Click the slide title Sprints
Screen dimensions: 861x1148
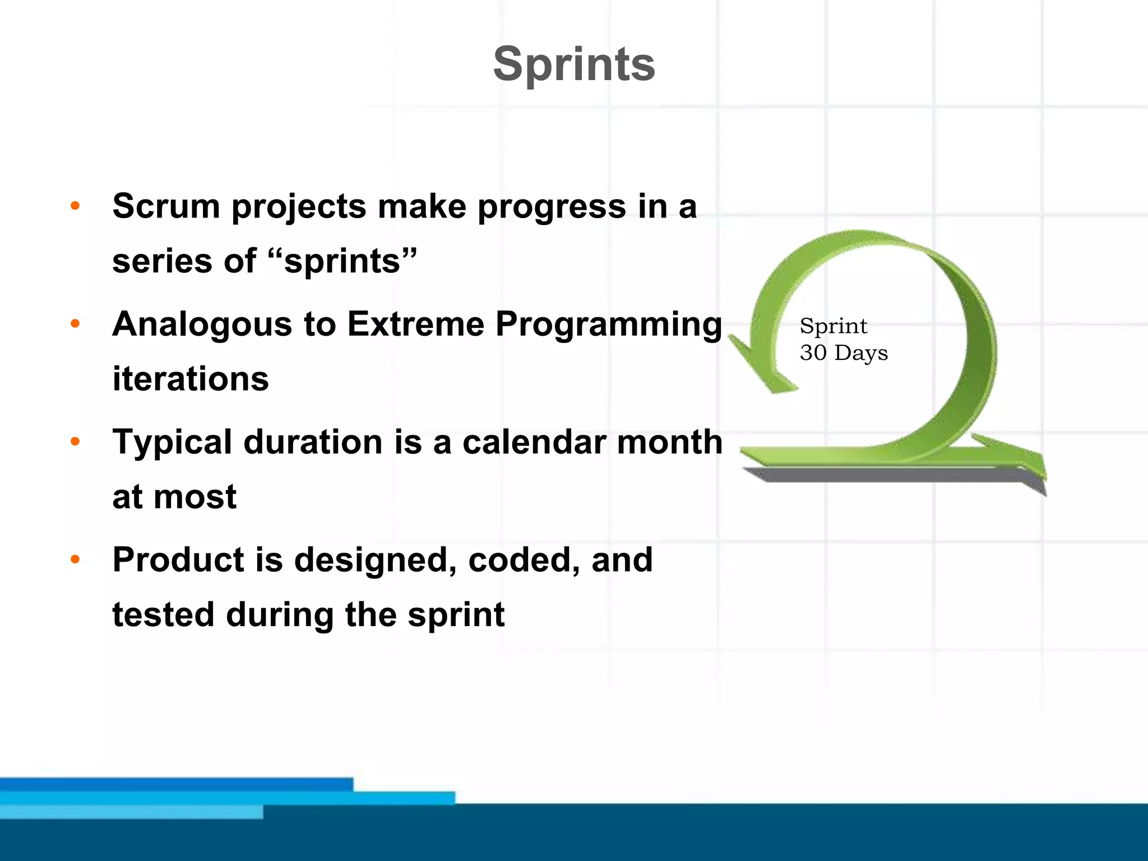tap(573, 64)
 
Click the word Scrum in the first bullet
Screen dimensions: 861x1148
tap(166, 206)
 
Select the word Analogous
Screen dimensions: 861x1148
tap(202, 325)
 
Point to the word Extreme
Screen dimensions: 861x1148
tap(415, 324)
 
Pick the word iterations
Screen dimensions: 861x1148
tap(191, 379)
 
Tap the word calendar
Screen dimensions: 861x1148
tap(534, 442)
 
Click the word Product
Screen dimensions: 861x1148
tap(178, 559)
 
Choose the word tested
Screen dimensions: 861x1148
tap(163, 614)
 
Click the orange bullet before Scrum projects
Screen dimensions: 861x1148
tap(75, 206)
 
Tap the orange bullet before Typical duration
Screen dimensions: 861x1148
tap(75, 442)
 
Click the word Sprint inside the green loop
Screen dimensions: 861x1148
tap(833, 326)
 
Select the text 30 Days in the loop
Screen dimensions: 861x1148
tap(844, 353)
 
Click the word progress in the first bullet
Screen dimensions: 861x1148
tap(551, 207)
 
